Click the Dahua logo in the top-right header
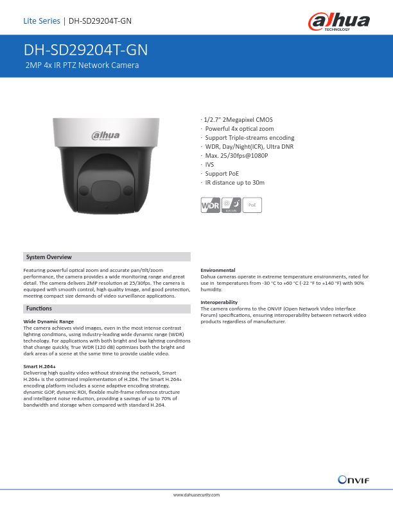tap(338, 22)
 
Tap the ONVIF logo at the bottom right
tap(353, 479)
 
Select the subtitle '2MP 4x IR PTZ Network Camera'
tap(82, 65)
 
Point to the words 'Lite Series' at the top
tap(41, 21)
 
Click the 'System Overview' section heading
tap(48, 257)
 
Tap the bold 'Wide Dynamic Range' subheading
tap(48, 321)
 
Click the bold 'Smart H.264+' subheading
tap(39, 366)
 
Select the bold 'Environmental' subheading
tap(218, 270)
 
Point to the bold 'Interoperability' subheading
tap(219, 302)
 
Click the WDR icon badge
tap(210, 206)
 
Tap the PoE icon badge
tap(252, 205)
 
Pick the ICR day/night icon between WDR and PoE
tap(231, 206)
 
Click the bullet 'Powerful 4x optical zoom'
tap(239, 129)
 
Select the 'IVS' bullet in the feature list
tap(209, 165)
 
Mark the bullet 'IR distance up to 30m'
tap(234, 183)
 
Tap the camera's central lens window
tap(108, 190)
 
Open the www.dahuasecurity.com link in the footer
tap(197, 495)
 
